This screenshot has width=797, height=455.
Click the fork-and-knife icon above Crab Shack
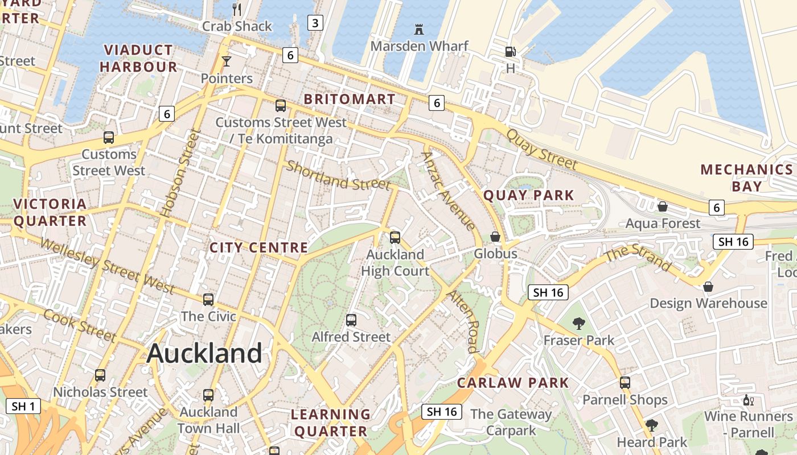coord(237,9)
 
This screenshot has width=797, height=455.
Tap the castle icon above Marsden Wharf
coord(419,29)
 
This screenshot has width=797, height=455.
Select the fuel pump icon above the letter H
coord(510,52)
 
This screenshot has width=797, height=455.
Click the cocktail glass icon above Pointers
coord(227,61)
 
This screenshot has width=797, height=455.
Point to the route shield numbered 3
coord(315,23)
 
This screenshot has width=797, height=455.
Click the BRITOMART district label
coord(349,99)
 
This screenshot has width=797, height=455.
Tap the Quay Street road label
coord(541,150)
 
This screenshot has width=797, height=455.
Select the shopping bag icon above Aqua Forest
coord(662,206)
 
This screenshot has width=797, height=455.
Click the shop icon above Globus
coord(495,237)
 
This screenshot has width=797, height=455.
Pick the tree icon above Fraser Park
coord(578,324)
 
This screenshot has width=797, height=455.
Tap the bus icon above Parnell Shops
coord(625,383)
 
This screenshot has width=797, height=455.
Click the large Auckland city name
coord(204,353)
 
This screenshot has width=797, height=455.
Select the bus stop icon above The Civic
coord(208,300)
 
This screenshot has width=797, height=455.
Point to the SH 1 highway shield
coord(23,406)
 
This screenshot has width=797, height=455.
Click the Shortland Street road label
coord(338,175)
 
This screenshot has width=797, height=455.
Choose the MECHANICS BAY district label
coord(746,177)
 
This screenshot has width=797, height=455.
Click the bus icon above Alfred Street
coord(351,320)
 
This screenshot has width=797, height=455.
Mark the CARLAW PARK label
coord(513,383)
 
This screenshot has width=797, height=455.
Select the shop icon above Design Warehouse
coord(708,287)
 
